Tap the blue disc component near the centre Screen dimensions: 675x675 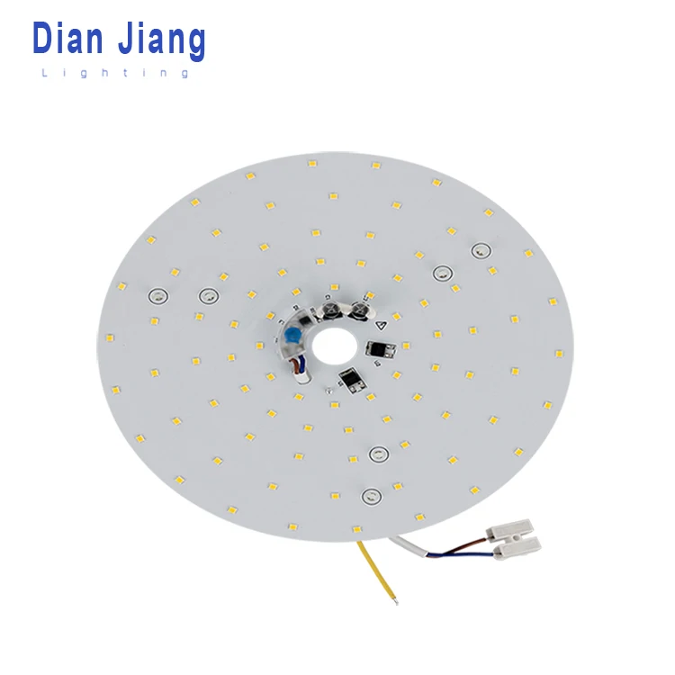click(x=292, y=336)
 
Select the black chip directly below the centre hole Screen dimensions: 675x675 click(x=352, y=382)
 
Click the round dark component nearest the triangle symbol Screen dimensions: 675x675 click(x=359, y=310)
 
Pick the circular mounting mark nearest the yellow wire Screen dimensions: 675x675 click(x=369, y=494)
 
